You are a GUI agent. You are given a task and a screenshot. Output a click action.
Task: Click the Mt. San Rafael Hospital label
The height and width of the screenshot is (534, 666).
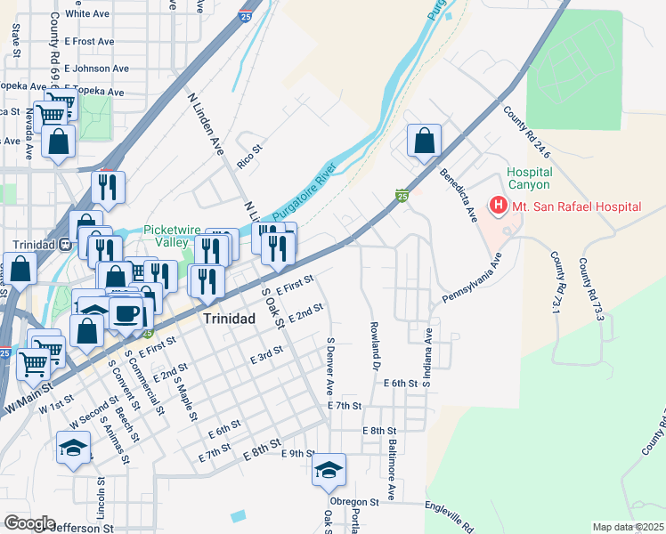tap(576, 206)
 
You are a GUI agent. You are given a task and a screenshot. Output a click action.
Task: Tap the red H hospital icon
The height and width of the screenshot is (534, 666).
tap(498, 206)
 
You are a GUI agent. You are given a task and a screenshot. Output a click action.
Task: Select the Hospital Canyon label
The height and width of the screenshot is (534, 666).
tap(529, 178)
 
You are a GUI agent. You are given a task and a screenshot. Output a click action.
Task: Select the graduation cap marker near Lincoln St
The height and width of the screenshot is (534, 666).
tap(73, 448)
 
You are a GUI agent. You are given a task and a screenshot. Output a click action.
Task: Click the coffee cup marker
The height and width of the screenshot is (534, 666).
tap(126, 313)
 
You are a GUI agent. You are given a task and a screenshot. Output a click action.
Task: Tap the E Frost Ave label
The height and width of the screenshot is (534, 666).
tap(88, 42)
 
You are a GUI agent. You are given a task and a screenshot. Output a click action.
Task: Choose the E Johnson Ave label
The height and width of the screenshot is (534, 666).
tap(95, 69)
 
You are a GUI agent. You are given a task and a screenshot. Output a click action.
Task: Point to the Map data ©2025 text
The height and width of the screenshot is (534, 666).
tap(628, 528)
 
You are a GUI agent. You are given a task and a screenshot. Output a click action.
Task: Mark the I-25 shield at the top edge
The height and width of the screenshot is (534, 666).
tap(243, 15)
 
